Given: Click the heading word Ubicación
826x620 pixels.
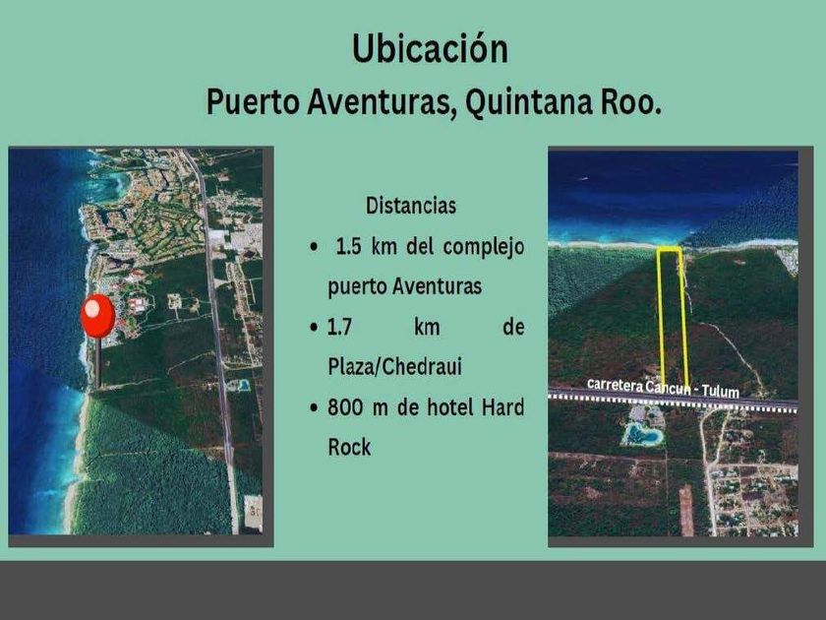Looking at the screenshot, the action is pyautogui.click(x=430, y=49).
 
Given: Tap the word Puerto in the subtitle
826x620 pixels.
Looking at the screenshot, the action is pyautogui.click(x=253, y=101).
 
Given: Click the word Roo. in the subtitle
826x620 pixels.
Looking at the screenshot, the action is pyautogui.click(x=630, y=101).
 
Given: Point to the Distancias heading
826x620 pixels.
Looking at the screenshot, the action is pyautogui.click(x=411, y=206).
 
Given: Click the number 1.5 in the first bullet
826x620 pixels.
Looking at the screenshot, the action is pyautogui.click(x=348, y=246).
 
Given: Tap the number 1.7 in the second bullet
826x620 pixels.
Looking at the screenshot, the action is pyautogui.click(x=339, y=328).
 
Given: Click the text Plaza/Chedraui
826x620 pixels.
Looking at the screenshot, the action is pyautogui.click(x=394, y=366).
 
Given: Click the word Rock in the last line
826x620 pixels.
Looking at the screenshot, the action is pyautogui.click(x=349, y=447).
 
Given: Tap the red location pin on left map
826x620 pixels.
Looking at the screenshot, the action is pyautogui.click(x=98, y=315).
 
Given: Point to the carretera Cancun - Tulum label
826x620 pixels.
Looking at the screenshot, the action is pyautogui.click(x=663, y=388).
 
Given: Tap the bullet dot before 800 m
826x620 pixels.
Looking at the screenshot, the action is pyautogui.click(x=315, y=407).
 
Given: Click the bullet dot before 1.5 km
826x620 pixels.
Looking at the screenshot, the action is pyautogui.click(x=315, y=247).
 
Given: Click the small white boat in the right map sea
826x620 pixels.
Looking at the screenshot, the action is pyautogui.click(x=581, y=179).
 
